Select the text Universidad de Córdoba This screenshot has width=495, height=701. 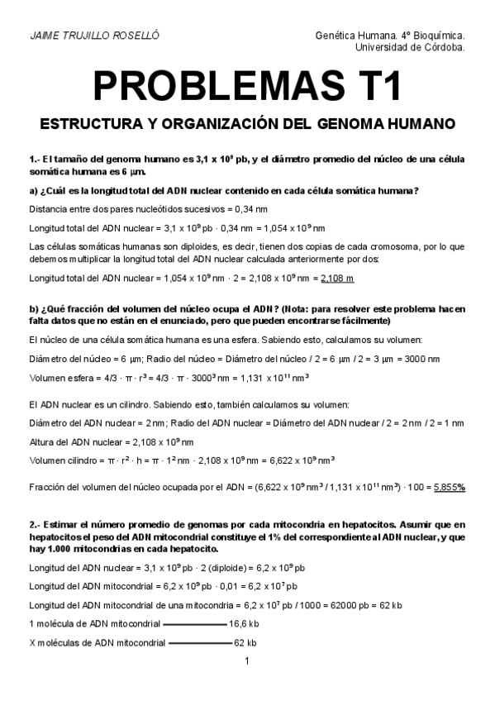[409, 47]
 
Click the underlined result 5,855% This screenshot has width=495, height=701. [450, 487]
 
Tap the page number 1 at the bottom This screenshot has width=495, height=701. [247, 660]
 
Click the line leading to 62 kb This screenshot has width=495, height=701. [199, 642]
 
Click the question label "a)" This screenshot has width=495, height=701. [33, 191]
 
